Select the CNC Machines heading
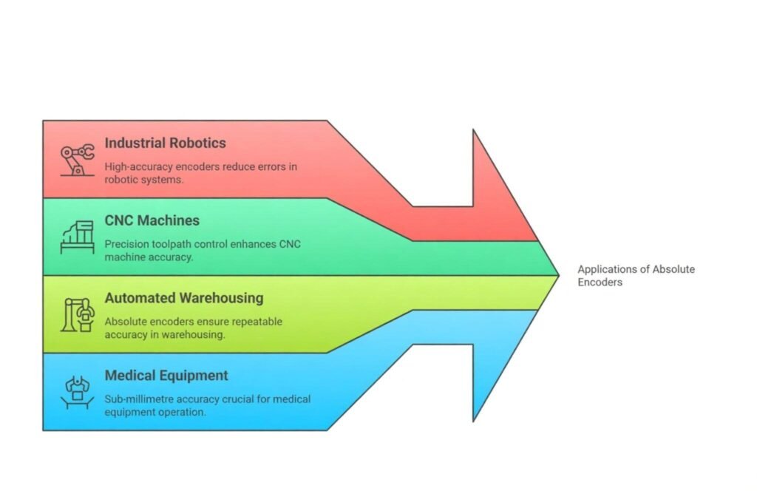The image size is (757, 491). (x=152, y=220)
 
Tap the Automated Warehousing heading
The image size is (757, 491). (x=183, y=298)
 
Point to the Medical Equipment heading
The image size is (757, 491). (x=166, y=376)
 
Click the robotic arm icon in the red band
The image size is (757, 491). (x=77, y=160)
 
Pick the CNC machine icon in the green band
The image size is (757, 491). (x=77, y=237)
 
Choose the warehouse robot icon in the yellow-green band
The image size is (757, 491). (x=77, y=315)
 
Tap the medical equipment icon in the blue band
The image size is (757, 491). (x=77, y=393)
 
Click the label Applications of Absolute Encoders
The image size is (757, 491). (x=636, y=275)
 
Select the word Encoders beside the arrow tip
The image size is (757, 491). (x=600, y=282)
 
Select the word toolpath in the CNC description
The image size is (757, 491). (x=171, y=244)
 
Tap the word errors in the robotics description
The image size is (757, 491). (x=269, y=166)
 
